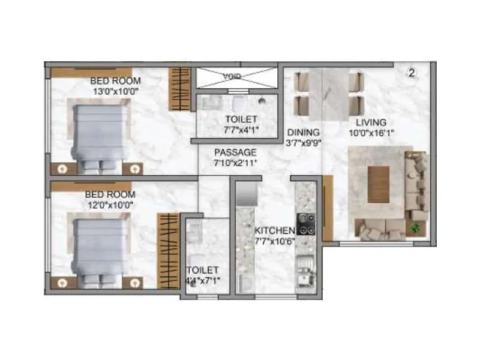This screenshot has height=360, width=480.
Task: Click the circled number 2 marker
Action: click(412, 73)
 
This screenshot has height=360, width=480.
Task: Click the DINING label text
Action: click(302, 133)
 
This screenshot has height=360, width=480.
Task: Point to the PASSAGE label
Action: click(235, 152)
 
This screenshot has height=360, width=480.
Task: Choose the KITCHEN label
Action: click(275, 230)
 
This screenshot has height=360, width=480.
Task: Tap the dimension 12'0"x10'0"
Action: click(110, 205)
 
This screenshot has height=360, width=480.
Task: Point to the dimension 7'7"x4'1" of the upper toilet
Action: click(241, 130)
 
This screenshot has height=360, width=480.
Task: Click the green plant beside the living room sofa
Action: click(415, 227)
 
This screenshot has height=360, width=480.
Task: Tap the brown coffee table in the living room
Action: click(378, 184)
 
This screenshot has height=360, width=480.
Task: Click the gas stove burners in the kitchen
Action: click(307, 223)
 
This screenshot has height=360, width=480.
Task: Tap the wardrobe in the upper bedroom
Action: click(179, 88)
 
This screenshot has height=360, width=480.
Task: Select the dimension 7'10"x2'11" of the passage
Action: click(235, 163)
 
